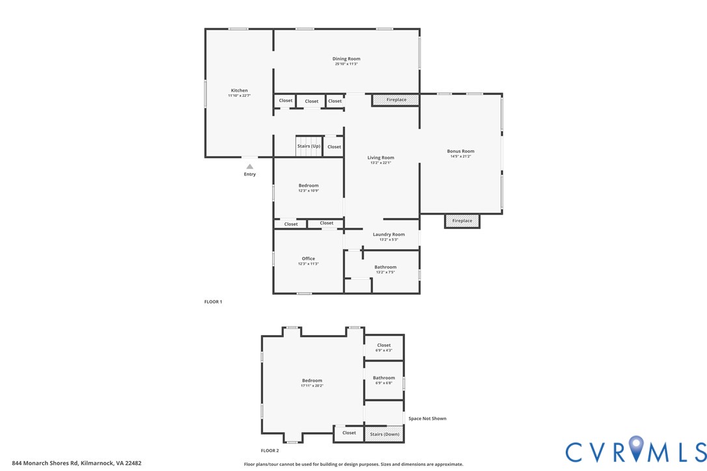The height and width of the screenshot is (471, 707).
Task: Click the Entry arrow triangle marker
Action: [249, 167]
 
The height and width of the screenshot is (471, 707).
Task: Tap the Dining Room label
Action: [346, 59]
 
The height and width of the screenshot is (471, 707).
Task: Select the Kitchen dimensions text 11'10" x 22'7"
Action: [239, 96]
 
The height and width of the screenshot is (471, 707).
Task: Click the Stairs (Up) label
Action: [309, 146]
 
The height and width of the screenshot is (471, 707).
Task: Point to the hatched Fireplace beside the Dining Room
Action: [396, 100]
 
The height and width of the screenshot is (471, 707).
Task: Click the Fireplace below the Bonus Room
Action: [462, 221]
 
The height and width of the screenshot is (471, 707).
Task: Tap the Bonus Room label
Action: [460, 151]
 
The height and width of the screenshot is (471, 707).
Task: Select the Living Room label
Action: [381, 157]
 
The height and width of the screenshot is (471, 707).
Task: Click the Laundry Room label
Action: [389, 234]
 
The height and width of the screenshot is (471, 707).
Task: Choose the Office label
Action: [308, 258]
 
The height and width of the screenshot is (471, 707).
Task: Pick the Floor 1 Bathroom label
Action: [385, 267]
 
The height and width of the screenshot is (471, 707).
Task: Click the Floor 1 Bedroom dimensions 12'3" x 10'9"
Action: [309, 191]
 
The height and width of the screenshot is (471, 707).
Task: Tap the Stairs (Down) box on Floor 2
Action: [384, 434]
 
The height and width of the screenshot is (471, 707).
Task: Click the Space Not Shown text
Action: [427, 418]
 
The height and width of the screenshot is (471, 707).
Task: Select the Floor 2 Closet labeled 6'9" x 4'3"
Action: [383, 347]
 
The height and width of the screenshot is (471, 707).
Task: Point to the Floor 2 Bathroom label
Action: [383, 377]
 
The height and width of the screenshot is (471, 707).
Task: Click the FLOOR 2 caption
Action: [270, 450]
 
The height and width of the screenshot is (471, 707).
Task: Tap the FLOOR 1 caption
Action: [213, 302]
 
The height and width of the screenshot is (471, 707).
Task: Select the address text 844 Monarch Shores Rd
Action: [45, 463]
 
